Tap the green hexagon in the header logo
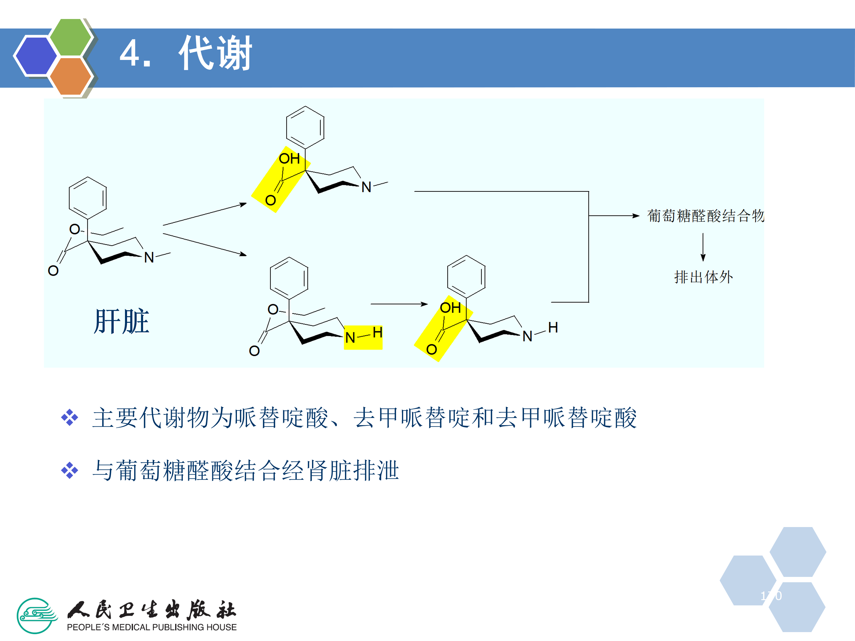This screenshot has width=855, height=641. tap(71, 37)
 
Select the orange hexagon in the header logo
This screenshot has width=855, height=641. tap(70, 76)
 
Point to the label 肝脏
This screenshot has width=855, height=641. tap(121, 321)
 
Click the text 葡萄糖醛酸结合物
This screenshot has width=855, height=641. tap(705, 216)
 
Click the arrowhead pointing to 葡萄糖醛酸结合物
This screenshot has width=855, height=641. tap(635, 216)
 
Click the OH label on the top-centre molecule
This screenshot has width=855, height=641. tap(289, 158)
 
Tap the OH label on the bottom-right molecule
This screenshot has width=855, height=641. tap(450, 308)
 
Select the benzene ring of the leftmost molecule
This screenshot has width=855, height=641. tap(88, 198)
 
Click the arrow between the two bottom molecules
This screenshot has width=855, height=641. tap(399, 304)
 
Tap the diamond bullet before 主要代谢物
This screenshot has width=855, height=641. tap(69, 418)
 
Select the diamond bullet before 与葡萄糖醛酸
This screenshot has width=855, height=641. tap(69, 471)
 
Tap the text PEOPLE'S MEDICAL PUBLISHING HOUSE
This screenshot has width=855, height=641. tap(151, 627)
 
